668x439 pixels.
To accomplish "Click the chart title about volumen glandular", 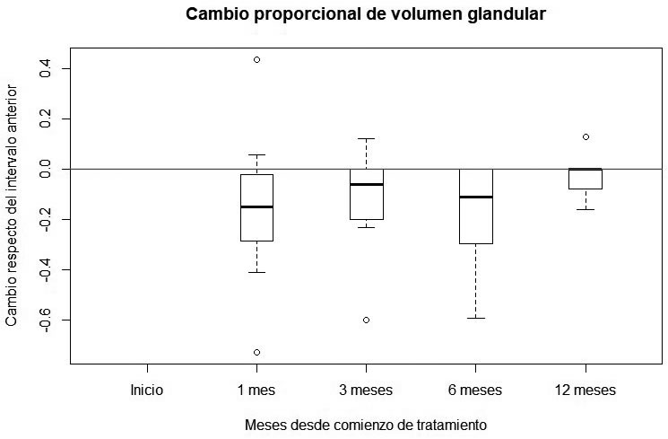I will coord(365,15).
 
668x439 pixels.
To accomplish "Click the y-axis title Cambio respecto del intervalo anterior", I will coord(13,205).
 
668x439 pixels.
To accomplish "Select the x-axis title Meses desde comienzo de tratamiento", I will coord(365,424).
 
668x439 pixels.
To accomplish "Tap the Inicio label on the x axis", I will coord(147,391).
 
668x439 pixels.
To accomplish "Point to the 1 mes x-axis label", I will coord(256,391).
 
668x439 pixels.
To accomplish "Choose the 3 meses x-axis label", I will coord(366,391).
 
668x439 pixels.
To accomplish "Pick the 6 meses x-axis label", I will coord(475,391).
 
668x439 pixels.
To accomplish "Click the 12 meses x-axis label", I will coord(586,391).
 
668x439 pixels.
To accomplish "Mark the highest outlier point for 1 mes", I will coord(256,59).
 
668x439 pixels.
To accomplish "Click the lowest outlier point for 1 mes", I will coord(256,352).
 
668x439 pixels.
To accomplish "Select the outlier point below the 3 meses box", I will coord(366,320).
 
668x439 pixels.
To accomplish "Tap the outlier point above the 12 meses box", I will coord(586,136).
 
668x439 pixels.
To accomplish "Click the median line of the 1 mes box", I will coord(256,206).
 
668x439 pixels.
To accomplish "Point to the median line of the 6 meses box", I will coord(475,197).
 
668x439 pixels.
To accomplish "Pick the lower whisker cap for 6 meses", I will coord(475,318).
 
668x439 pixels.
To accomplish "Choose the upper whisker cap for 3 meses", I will coord(366,138).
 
